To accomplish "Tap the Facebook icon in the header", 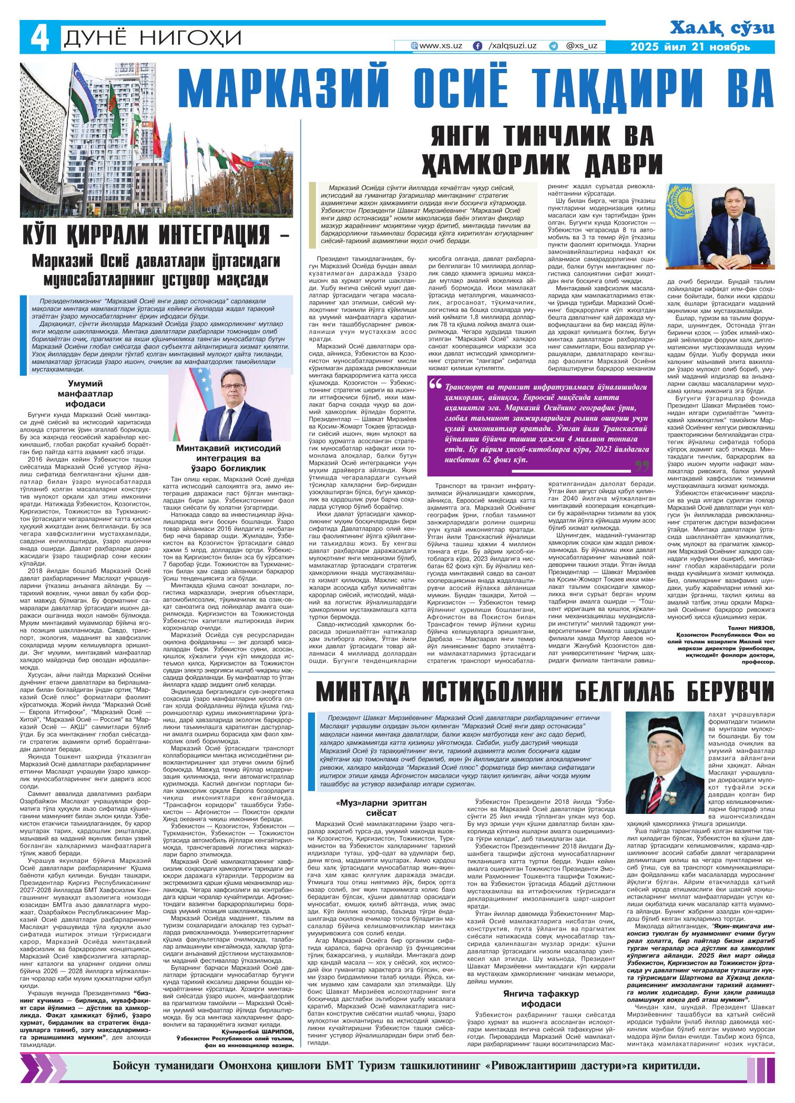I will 477,46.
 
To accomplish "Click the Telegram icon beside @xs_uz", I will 553,46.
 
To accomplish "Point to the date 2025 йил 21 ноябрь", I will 690,47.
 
